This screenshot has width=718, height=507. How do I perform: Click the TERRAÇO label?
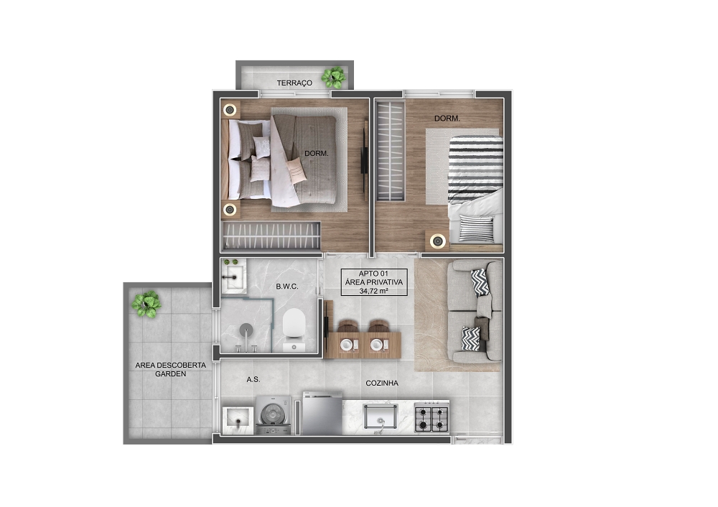(x=294, y=83)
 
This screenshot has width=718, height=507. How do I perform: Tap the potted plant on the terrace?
(x=333, y=78)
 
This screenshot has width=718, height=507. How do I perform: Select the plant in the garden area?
(x=146, y=304)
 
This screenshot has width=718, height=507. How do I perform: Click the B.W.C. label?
(x=287, y=287)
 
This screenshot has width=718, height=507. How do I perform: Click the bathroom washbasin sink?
(x=233, y=276)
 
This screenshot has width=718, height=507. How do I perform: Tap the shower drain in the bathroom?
(x=246, y=328)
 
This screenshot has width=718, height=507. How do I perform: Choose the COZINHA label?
(x=382, y=383)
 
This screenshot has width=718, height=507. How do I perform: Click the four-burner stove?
(x=432, y=418)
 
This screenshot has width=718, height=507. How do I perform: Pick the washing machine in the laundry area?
(x=273, y=415)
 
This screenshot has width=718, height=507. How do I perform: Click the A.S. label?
(x=253, y=379)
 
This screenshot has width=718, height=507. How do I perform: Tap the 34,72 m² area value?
(x=374, y=291)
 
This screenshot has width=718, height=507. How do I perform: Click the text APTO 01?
(x=373, y=274)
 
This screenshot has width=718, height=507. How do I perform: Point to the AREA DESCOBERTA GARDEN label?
(x=170, y=370)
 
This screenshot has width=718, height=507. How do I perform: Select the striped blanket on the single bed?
(x=476, y=170)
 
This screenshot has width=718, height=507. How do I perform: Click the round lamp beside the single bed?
(x=438, y=241)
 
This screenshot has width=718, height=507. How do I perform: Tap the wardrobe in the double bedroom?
(x=271, y=236)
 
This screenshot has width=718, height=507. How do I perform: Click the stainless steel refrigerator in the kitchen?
(x=322, y=414)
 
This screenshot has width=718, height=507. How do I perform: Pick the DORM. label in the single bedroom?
(x=447, y=118)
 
